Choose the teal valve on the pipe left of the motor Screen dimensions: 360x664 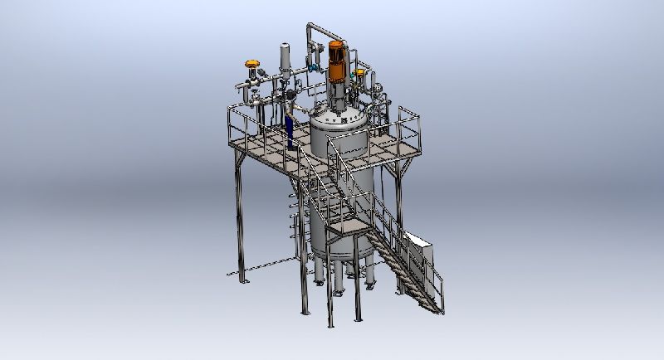pyautogui.click(x=315, y=65)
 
